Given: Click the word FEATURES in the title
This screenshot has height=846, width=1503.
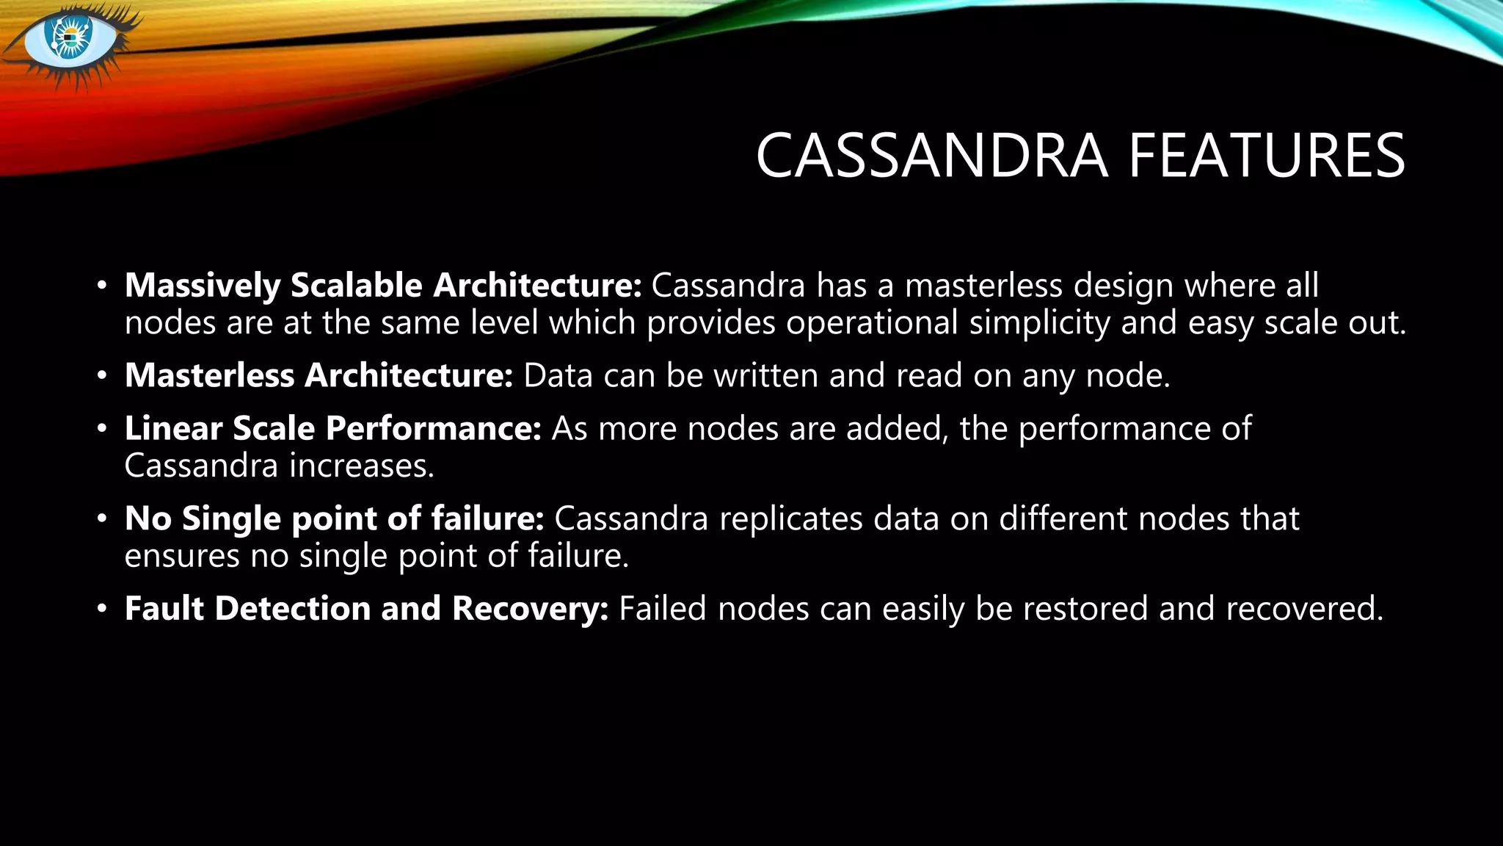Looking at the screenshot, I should [x=1266, y=156].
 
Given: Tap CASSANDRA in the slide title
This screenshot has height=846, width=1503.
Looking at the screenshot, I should [x=931, y=156].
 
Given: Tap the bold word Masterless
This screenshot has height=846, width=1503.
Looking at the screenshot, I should [x=209, y=375].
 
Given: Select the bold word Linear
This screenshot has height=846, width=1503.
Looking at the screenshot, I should [x=173, y=428].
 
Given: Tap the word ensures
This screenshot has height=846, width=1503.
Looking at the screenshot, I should [x=182, y=556].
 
